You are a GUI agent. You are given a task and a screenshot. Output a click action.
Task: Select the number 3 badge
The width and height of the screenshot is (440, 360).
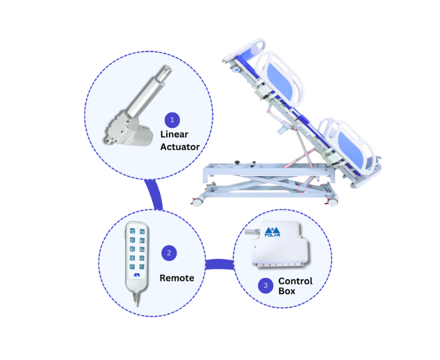point(265,285)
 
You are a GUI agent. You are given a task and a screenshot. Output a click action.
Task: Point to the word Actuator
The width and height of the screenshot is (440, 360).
point(180,147)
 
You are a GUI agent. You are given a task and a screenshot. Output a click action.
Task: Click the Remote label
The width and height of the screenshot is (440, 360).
point(176,278)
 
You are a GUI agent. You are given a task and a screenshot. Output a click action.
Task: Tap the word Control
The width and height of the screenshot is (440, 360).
point(295,281)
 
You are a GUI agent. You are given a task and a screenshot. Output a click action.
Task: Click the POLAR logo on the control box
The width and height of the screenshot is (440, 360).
point(272,231)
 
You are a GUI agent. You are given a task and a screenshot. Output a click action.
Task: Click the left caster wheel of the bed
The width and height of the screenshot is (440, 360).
point(198,202)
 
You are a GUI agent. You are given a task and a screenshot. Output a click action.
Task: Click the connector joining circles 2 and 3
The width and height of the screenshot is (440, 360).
point(219,265)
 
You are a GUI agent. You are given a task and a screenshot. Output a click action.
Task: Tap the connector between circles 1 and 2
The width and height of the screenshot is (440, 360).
point(154,195)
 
